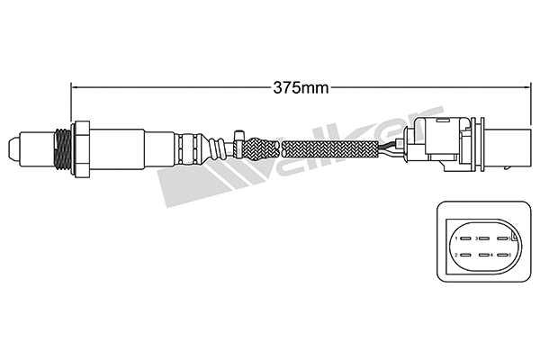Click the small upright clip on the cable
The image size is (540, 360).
click(x=237, y=137)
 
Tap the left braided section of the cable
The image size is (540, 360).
click(x=261, y=146)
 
